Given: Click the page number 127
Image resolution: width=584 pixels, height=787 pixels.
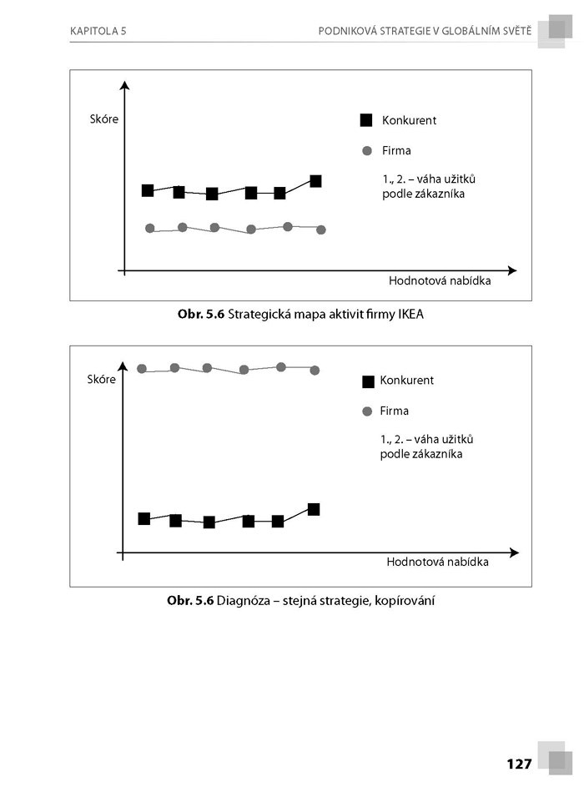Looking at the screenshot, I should [518, 763].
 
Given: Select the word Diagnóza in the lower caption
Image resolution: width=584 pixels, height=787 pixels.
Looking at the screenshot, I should [239, 600].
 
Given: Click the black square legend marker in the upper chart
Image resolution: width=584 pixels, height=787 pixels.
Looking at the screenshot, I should [365, 120].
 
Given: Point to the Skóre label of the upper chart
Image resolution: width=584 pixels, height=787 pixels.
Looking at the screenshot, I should [103, 119].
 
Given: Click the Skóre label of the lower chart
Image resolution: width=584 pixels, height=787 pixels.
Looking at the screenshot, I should [101, 380].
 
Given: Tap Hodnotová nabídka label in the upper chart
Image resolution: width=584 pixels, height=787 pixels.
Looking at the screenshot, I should [440, 281].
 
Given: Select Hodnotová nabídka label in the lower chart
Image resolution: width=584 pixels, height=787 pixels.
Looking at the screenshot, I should [437, 563].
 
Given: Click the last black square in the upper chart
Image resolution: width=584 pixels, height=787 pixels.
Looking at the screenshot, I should [315, 181].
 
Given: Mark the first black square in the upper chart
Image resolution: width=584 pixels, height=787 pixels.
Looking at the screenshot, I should [148, 190].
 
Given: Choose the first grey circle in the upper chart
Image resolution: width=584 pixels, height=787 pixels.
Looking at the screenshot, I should [150, 228].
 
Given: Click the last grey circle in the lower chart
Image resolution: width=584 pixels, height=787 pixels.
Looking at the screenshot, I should [315, 370].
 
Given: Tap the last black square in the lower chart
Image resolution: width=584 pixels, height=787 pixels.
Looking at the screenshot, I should [314, 509].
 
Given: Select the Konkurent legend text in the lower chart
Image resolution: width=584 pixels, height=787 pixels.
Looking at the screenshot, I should [406, 381].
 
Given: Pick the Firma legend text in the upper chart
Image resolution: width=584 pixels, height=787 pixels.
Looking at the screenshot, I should [396, 151].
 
